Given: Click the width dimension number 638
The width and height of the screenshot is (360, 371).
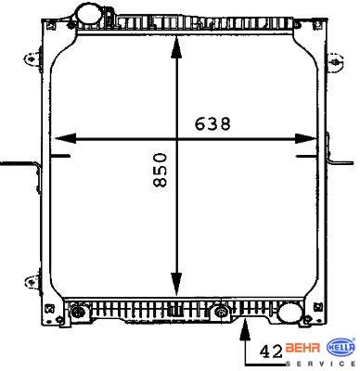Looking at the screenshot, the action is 212,124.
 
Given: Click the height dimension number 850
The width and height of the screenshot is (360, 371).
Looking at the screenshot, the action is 161,170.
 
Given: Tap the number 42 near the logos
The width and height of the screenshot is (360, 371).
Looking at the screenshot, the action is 271,352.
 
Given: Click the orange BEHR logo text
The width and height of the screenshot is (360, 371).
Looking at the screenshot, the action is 302,348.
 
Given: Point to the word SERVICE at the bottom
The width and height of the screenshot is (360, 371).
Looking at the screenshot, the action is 321,364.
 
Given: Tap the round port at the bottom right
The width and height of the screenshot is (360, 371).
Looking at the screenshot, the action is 289,313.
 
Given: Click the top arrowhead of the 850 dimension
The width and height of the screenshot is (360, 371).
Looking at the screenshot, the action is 176,47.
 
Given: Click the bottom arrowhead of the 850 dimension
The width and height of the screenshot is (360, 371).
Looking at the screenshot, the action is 176,284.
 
